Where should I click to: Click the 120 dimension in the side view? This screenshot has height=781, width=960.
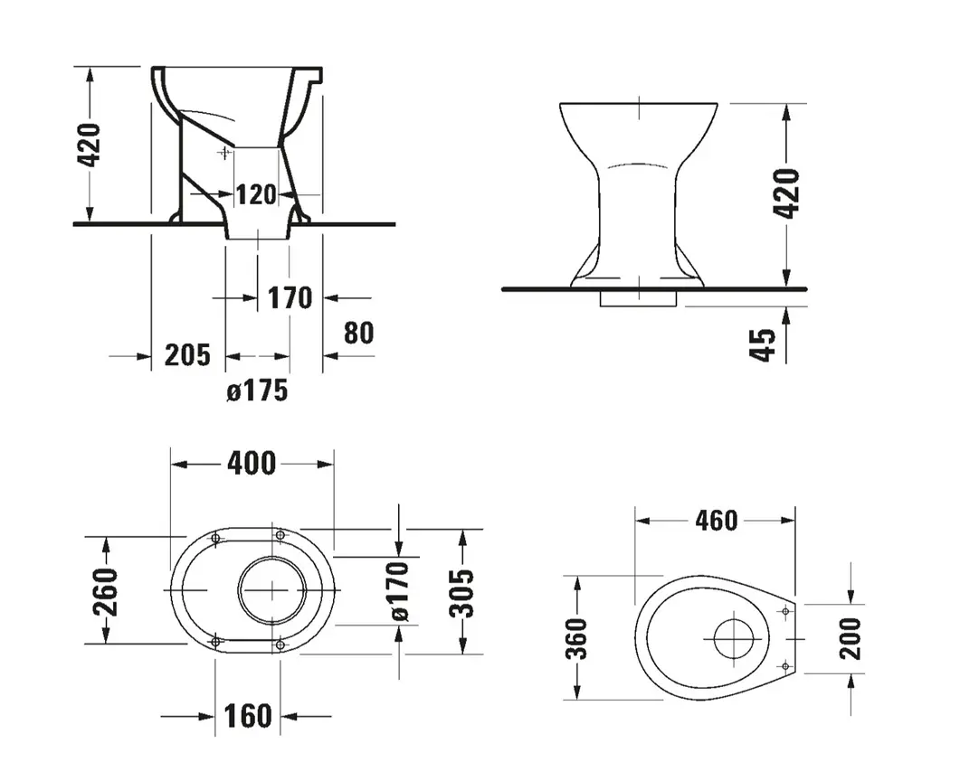[x=257, y=194]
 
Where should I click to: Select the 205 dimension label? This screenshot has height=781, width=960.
[x=187, y=354]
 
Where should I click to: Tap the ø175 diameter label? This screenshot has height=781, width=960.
[x=257, y=390]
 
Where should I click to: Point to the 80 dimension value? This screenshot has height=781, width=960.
[x=359, y=333]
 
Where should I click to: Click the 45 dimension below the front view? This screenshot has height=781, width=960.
[x=763, y=345]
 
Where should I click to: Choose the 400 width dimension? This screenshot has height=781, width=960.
[x=252, y=464]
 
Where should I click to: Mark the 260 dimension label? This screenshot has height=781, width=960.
[x=104, y=591]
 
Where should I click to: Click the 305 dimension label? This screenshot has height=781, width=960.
[x=461, y=593]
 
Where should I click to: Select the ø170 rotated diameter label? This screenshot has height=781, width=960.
[x=399, y=591]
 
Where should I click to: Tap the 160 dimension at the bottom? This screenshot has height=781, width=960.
[x=248, y=716]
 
